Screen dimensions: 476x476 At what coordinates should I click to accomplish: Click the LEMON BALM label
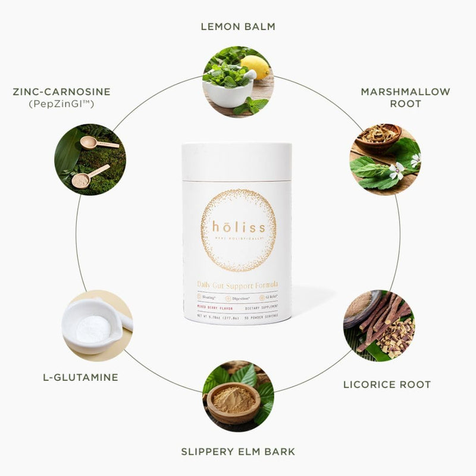[x=238, y=27]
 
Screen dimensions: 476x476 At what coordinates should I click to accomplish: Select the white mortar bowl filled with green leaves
[x=227, y=87]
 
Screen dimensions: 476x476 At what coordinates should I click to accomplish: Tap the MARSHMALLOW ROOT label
[x=405, y=98]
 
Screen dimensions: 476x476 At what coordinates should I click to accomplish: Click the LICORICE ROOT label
[x=387, y=384]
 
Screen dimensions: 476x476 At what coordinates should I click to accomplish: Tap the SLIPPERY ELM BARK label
[x=238, y=452]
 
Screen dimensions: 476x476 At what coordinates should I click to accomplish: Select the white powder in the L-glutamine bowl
[x=92, y=327]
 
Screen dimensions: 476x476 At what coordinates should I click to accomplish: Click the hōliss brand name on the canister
[x=238, y=227]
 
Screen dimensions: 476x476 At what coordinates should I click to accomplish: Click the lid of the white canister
[x=237, y=161]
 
